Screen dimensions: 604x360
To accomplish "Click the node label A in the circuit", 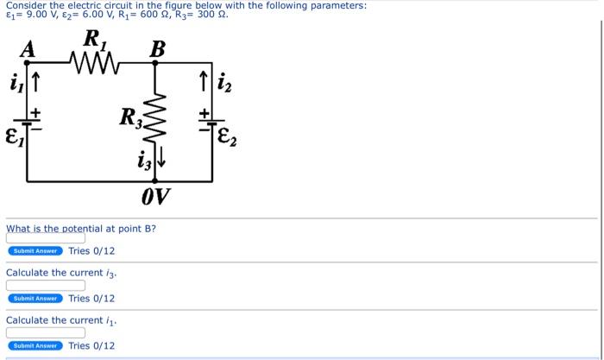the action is [28, 50].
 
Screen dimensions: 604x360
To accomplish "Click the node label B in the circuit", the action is [157, 50].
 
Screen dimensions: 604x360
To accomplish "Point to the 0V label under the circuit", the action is [155, 198].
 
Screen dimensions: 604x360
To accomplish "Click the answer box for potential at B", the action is [46, 237].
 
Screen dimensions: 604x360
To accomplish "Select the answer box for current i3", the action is [46, 285].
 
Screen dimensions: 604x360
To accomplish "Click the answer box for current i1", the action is [46, 332].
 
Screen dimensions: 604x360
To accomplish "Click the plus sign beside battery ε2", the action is [205, 112].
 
